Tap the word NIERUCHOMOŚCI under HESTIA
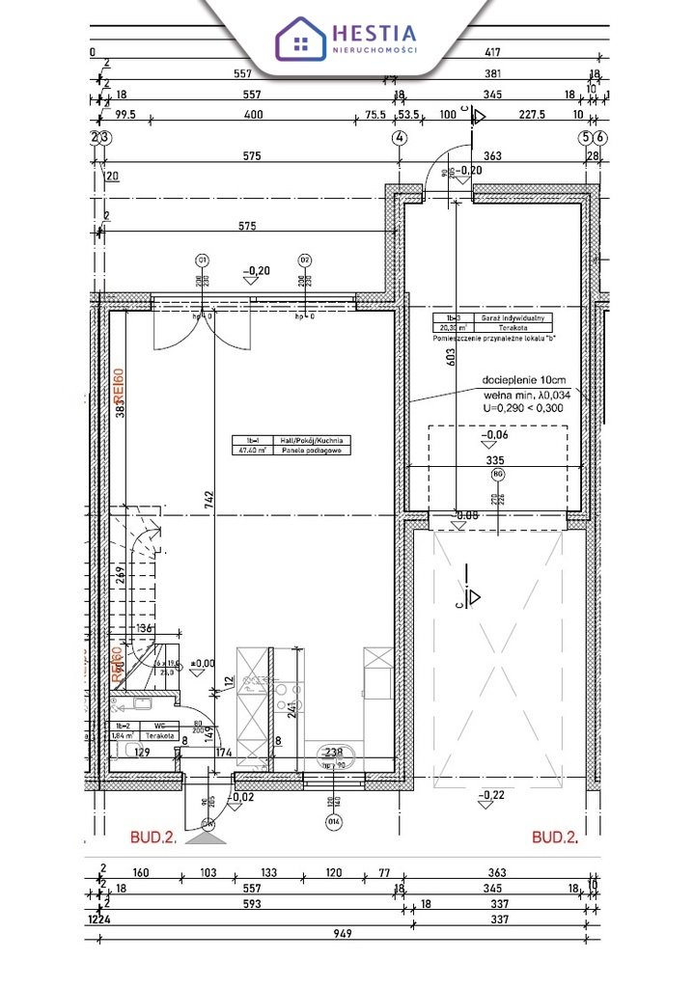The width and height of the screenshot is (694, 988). pos(375,49)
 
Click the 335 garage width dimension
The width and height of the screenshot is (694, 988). pos(494,462)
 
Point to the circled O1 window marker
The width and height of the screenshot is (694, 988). pos(203,260)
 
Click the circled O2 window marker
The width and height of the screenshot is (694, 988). pos(304,260)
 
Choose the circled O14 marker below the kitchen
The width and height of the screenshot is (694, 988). pos(333,822)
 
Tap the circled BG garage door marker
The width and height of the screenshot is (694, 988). pos(497,475)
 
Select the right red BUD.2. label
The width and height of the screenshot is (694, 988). pos(555,837)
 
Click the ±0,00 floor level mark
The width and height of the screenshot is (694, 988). pos(203,664)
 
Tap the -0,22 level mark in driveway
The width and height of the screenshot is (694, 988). pos(492,794)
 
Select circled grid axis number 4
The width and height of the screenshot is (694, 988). pos(399,138)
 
